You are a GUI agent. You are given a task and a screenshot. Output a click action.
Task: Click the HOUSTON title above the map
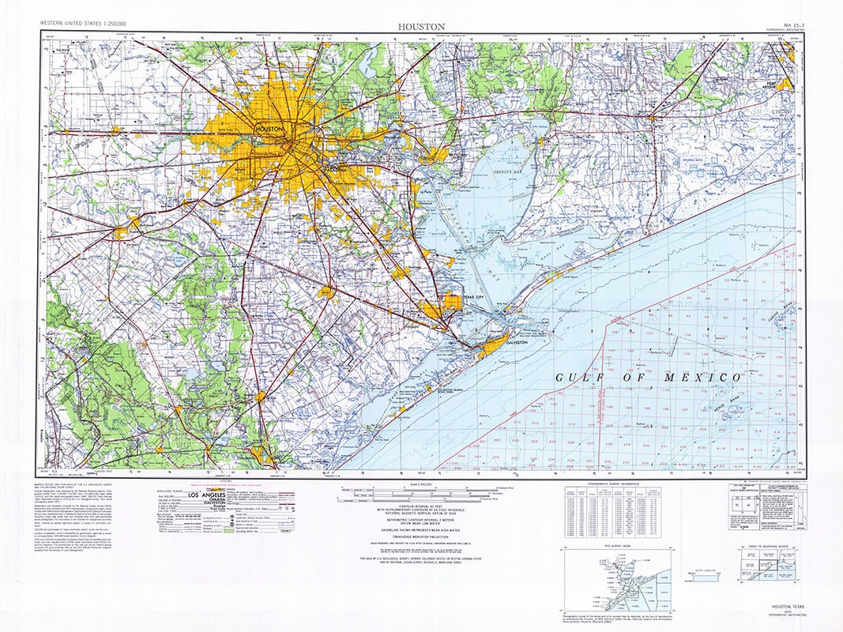tap(421, 27)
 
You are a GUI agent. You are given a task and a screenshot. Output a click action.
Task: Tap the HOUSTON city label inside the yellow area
tap(269, 128)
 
